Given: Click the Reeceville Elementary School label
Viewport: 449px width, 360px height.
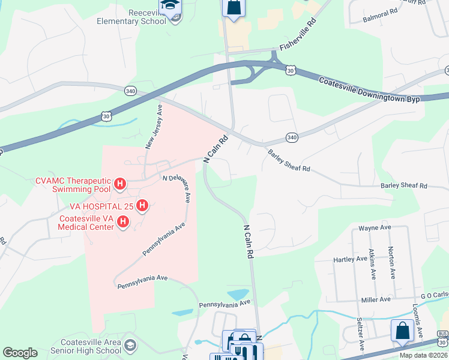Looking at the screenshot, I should click(131, 17).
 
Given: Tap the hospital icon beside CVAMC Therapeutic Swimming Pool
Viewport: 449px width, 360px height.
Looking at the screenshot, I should click(119, 184).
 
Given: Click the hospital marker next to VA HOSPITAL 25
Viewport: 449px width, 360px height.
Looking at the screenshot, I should click(142, 206).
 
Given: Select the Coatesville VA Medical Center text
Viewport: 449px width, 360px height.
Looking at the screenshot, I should click(86, 223).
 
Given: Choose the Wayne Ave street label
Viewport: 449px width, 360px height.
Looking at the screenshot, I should click(375, 228).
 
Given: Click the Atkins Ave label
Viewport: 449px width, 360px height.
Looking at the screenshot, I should click(373, 265).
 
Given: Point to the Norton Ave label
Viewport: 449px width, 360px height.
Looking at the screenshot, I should click(391, 263).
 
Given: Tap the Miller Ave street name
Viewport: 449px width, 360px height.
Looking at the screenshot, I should click(375, 299).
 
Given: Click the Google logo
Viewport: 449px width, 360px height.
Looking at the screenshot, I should click(20, 353).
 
